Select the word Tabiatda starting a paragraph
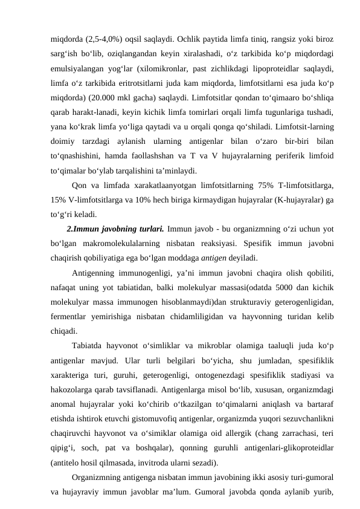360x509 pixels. pyautogui.click(x=89, y=346)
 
